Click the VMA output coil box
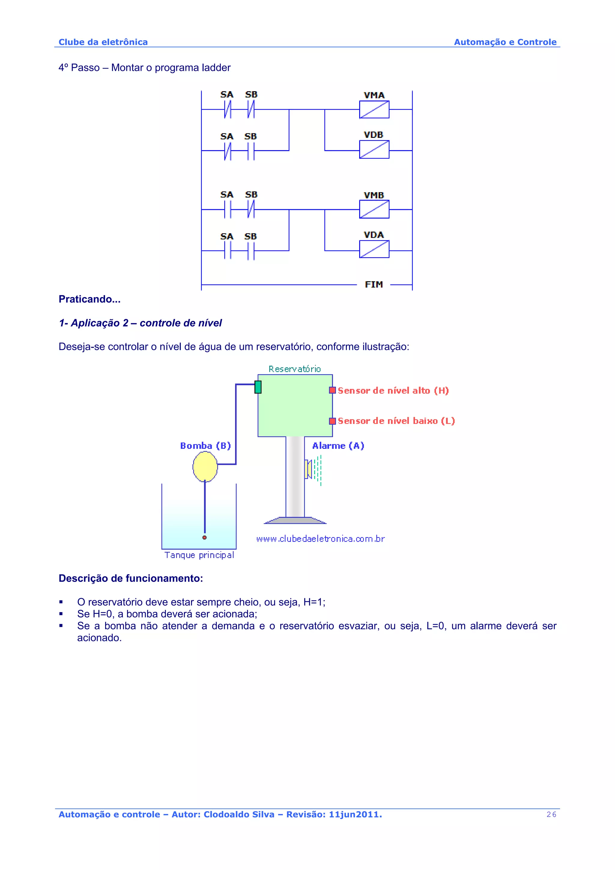pos(374,110)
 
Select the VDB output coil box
pos(374,149)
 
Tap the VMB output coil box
pos(374,209)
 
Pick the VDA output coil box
pos(374,249)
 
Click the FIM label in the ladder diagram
pos(374,285)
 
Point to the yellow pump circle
pos(205,467)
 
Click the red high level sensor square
pos(332,390)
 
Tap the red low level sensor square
pos(332,421)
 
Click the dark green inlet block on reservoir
pos(258,387)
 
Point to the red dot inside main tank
pos(204,537)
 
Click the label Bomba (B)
pos(205,446)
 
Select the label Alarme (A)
pos(338,446)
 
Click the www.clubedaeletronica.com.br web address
pos(320,539)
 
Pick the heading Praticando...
pos(89,299)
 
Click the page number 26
pos(551,814)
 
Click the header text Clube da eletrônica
pos(103,42)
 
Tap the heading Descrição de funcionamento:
pos(131,578)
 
